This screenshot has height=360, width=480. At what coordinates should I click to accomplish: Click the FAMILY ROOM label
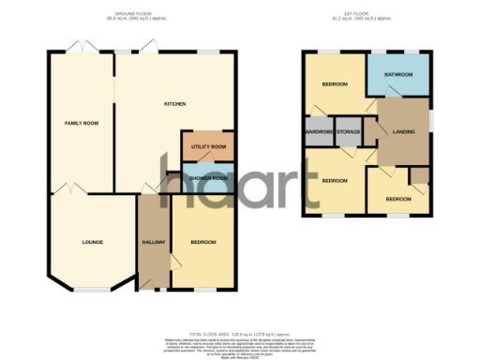click(x=82, y=123)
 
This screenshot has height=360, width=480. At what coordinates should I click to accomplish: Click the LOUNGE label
click(x=92, y=242)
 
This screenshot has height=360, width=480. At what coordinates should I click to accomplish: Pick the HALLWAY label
click(x=154, y=242)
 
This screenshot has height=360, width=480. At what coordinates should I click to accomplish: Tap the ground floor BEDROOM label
click(x=203, y=242)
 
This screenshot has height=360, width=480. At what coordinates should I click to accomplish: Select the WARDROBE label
click(x=317, y=132)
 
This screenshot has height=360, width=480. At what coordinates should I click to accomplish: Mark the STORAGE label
click(x=348, y=132)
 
